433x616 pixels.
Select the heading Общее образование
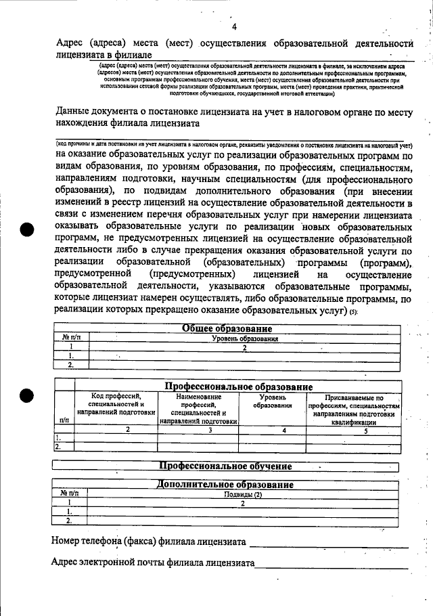[227, 328]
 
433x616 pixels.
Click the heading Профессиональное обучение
[225, 466]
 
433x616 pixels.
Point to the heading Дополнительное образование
[225, 485]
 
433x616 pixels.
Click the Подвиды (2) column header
[243, 494]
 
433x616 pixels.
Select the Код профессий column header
[116, 404]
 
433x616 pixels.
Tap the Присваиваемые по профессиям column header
[354, 408]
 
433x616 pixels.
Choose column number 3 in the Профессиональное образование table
[210, 429]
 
